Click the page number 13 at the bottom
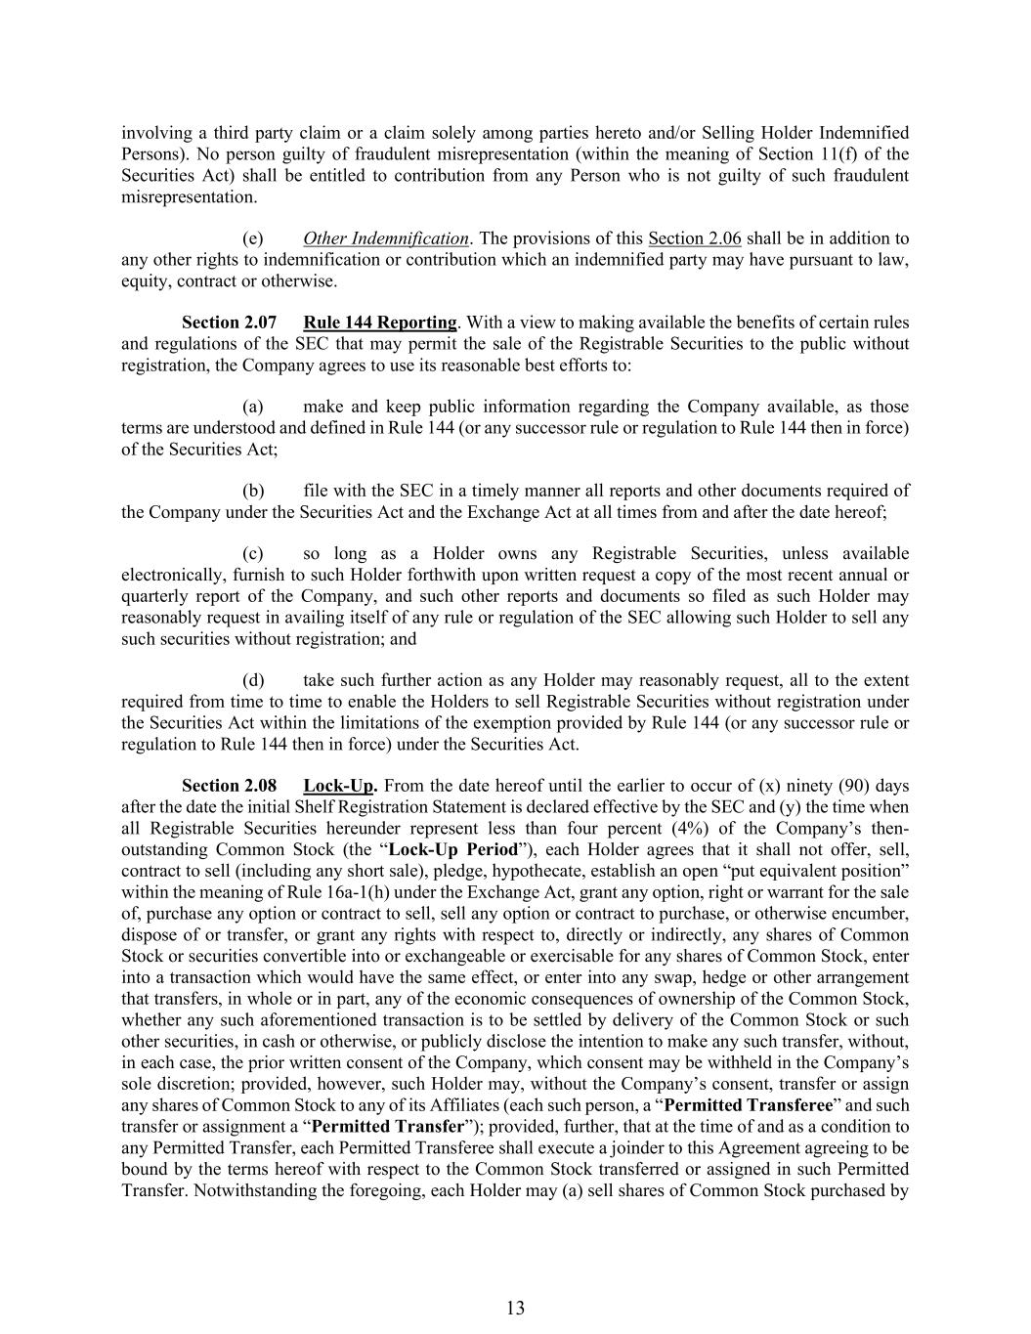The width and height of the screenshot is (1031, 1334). (x=516, y=1308)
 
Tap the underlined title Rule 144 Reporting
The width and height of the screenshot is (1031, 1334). (x=380, y=323)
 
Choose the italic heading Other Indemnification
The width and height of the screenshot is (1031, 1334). (x=385, y=238)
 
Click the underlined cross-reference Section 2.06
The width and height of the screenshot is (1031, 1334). (x=695, y=238)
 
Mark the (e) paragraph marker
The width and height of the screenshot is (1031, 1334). (x=252, y=238)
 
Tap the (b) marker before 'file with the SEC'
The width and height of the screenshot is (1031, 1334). (x=252, y=491)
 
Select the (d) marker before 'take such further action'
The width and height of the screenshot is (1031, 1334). (x=252, y=680)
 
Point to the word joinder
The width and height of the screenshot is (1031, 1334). (x=631, y=1148)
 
